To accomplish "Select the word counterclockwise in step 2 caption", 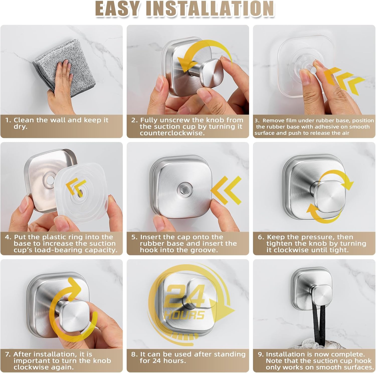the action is click(x=172, y=133).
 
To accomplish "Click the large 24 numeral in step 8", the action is click(x=185, y=296).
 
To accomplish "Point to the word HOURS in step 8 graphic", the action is click(x=184, y=315).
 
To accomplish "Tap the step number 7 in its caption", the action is click(x=8, y=354).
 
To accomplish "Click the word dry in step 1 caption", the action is click(x=20, y=127).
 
